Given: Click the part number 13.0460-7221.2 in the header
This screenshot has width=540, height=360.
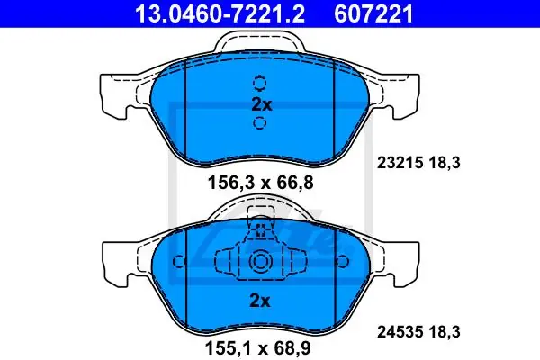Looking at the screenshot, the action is click(x=220, y=13).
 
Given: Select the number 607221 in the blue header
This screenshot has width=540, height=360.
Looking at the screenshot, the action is click(x=373, y=13).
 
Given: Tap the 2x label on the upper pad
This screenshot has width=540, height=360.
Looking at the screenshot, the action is click(x=261, y=104).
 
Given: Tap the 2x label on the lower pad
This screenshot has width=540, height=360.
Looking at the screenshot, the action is click(x=260, y=301).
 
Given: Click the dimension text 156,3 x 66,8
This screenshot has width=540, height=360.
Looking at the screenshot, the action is click(x=260, y=183).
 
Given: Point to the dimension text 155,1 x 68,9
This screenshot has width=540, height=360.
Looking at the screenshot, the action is click(x=258, y=347).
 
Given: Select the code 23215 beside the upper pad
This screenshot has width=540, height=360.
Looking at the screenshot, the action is click(x=400, y=163).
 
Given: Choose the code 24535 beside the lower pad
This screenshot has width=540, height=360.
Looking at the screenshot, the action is click(x=400, y=332).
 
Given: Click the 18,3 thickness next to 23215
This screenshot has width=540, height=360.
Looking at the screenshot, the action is click(x=445, y=163).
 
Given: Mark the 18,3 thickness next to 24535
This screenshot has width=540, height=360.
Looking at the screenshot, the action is click(x=445, y=332).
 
